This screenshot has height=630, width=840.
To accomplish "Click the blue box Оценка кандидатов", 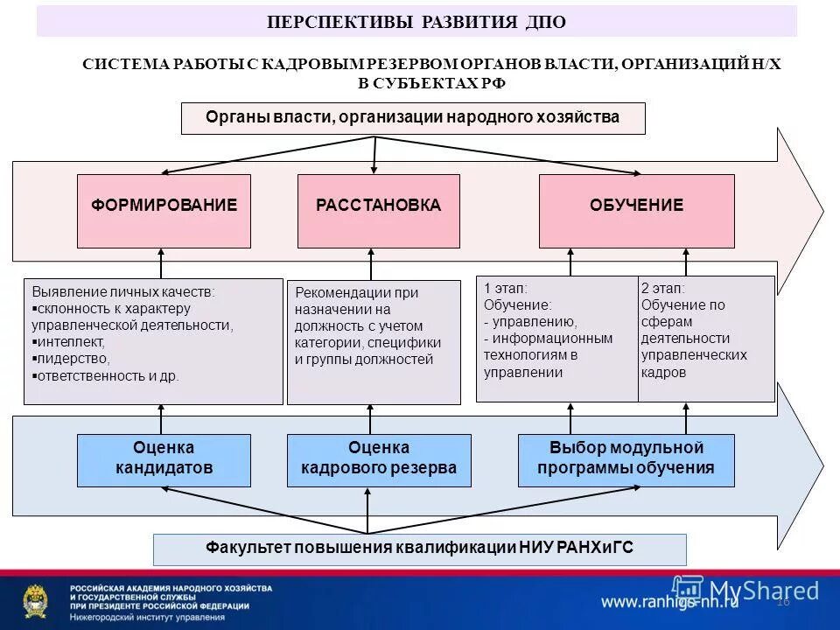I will [x=164, y=460].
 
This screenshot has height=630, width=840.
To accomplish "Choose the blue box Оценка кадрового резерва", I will [x=378, y=460].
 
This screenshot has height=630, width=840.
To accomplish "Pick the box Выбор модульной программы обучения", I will [x=626, y=460].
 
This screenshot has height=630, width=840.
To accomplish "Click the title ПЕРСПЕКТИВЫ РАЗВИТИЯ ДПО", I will [x=416, y=22].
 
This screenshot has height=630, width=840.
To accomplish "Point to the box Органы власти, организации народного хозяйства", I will [x=412, y=117].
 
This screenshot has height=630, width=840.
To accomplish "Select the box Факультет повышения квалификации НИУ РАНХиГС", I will [x=419, y=549].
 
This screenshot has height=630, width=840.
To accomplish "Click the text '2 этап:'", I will [x=663, y=288].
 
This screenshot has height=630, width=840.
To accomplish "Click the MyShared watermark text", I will [x=764, y=591].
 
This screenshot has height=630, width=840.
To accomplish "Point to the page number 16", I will [x=782, y=601].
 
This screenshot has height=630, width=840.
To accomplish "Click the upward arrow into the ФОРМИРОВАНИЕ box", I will [x=161, y=263].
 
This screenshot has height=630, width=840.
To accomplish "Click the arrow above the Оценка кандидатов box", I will [x=161, y=419].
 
